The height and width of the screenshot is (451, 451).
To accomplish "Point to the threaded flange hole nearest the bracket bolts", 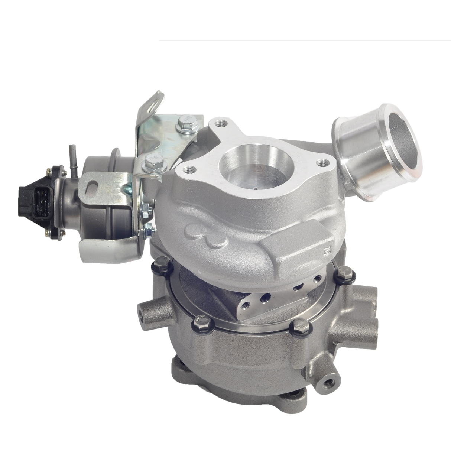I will click(189, 170).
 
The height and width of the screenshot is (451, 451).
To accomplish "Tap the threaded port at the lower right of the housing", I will click(330, 380).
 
